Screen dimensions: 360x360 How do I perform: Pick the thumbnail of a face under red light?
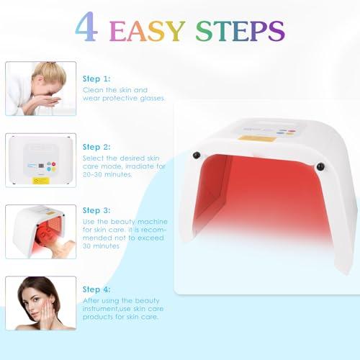[x=41, y=231]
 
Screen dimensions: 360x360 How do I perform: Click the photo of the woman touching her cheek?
[x=41, y=303]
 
